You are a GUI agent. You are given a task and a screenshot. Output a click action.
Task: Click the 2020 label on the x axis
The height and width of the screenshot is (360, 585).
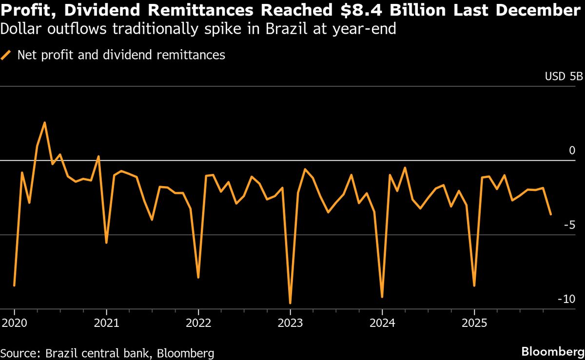point(14,322)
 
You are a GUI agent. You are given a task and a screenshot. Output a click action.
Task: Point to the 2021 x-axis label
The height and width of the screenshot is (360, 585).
point(106,322)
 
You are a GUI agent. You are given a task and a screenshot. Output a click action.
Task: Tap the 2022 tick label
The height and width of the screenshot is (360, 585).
point(198,322)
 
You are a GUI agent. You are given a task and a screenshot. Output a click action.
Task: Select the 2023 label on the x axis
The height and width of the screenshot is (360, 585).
point(290,322)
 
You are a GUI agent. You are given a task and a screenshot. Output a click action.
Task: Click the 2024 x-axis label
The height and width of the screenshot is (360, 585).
point(382,322)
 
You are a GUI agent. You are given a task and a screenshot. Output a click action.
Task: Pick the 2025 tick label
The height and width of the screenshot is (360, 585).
point(474,322)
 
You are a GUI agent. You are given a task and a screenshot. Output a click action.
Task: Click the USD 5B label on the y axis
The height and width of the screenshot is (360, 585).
point(563,77)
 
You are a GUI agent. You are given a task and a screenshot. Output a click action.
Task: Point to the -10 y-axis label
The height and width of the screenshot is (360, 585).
point(568,299)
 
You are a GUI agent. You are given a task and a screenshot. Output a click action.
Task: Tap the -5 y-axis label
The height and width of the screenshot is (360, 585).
point(571,225)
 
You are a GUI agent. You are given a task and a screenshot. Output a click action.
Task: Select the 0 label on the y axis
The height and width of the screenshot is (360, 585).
point(572,151)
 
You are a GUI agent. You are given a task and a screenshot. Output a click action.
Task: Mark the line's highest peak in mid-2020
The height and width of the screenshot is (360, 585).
point(45,123)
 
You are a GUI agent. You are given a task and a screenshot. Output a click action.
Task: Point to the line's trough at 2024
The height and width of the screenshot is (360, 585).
point(382,297)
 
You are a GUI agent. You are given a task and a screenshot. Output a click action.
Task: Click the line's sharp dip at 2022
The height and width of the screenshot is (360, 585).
point(198,278)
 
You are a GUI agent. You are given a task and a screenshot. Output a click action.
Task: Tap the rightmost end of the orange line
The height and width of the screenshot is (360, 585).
point(551,214)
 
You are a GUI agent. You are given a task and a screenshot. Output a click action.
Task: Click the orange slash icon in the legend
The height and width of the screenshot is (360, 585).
point(6,55)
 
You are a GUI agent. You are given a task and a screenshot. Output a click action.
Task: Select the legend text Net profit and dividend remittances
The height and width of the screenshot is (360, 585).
point(121,55)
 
